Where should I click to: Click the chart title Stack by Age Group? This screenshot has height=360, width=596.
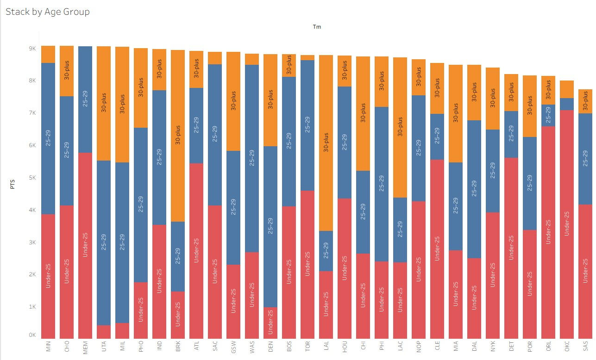(x=48, y=12)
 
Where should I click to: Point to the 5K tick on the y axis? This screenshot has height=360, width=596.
(x=32, y=178)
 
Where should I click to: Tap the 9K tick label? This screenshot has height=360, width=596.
(x=32, y=49)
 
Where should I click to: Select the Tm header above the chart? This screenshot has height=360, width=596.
(x=317, y=27)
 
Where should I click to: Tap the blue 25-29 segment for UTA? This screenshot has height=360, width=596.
(x=104, y=243)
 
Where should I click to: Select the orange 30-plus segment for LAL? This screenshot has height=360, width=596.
(x=326, y=143)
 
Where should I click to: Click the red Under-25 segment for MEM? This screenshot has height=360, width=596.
(x=85, y=245)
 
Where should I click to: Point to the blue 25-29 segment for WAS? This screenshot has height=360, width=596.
(x=252, y=158)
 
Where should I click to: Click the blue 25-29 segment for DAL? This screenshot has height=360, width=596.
(x=474, y=189)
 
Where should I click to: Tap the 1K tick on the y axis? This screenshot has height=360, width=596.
(x=32, y=307)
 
